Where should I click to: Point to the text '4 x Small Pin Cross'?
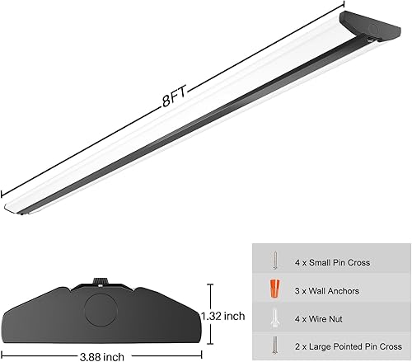[x=333, y=262]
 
